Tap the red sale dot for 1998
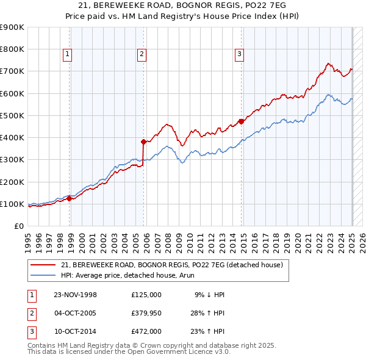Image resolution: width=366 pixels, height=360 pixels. tap(70, 198)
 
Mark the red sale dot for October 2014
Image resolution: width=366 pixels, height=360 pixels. tap(242, 121)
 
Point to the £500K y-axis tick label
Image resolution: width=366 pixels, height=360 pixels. tap(12, 115)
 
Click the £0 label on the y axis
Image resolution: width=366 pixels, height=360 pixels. tap(18, 226)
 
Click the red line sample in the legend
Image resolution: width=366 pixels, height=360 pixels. tap(43, 265)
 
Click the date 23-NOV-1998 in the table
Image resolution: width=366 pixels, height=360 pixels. tap(76, 295)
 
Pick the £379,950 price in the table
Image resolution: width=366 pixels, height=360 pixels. tap(146, 313)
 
